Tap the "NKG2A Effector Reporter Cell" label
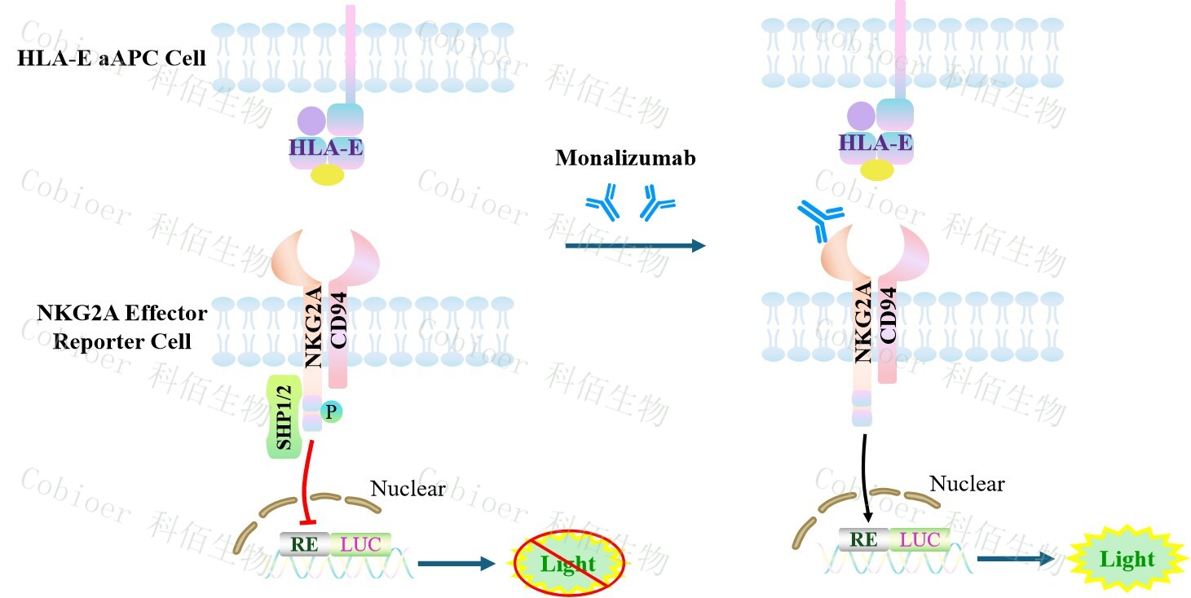122,327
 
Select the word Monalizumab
625,157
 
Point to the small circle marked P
330,412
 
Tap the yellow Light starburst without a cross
1127,560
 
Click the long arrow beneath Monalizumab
634,245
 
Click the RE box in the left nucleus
304,543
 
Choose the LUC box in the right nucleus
920,539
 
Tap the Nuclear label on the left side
408,489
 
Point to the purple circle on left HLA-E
311,121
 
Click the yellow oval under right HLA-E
877,169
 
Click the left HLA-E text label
326,147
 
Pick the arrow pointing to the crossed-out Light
457,562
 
